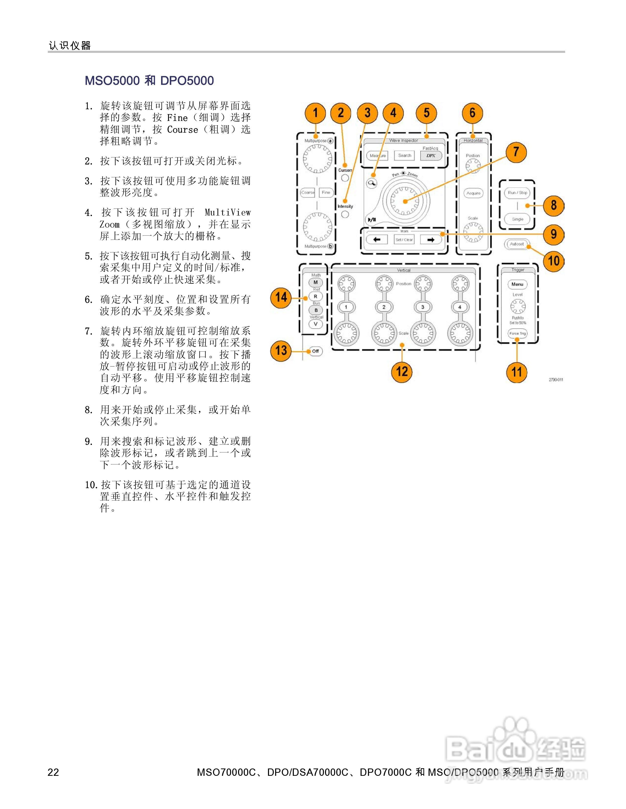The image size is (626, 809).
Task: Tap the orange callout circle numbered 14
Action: coord(281,297)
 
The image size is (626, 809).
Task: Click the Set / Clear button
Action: coord(404,240)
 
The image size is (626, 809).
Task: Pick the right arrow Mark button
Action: coord(431,240)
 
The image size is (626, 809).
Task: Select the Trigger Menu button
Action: coord(517,284)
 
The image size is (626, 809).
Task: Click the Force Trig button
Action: coord(517,333)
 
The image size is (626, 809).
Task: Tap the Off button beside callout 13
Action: coord(315,351)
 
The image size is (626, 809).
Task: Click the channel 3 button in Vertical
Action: coord(423,307)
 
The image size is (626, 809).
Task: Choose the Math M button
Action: coord(316,282)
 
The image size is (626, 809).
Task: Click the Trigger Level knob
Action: coord(518,307)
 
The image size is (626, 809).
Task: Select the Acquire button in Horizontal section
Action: coord(473,193)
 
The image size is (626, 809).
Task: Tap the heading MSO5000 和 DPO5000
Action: coord(149,81)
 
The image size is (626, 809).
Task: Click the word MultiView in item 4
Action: coord(227,213)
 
